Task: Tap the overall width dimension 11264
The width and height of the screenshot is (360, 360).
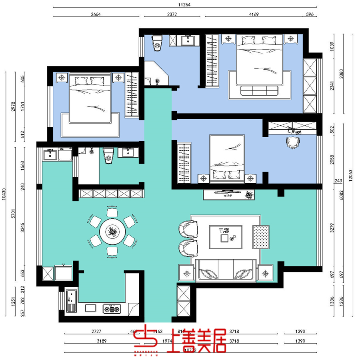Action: tap(184, 5)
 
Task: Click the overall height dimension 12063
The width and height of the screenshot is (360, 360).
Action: tap(350, 174)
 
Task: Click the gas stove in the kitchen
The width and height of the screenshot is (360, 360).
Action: tap(112, 308)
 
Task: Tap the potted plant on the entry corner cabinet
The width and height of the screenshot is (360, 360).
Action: tap(158, 82)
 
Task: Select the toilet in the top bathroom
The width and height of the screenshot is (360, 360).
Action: tap(157, 42)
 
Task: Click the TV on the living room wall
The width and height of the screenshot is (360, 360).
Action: tap(227, 192)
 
